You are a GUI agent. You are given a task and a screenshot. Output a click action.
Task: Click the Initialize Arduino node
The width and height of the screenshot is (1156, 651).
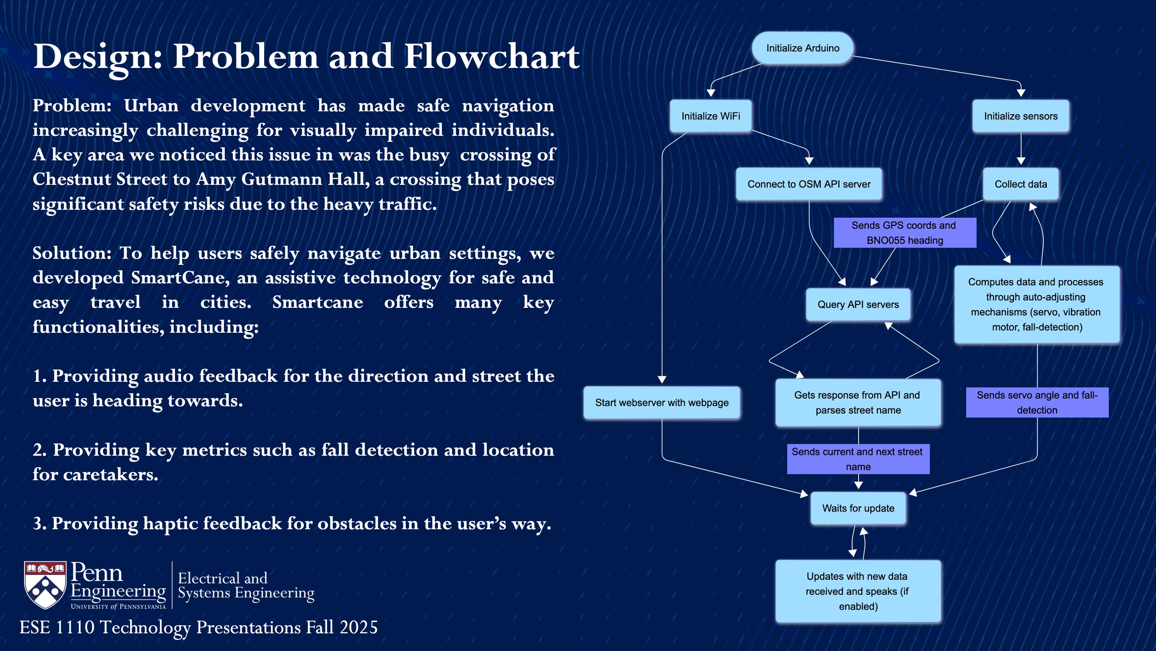tap(802, 48)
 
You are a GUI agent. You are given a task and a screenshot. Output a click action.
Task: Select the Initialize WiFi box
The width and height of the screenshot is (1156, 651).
tap(710, 116)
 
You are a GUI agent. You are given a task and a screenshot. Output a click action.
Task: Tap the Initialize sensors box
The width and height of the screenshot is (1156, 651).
tap(1020, 116)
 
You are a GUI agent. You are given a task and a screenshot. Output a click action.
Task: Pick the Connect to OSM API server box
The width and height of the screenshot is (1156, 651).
tap(809, 184)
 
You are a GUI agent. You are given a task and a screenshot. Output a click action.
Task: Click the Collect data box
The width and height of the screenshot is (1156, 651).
tap(1020, 184)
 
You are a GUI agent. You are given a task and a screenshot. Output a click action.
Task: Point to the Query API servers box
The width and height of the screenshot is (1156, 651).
tap(858, 305)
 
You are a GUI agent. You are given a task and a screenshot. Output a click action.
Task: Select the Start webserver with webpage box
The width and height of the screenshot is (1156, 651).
tap(661, 403)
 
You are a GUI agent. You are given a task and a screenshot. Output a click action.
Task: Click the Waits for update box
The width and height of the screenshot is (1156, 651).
tap(858, 508)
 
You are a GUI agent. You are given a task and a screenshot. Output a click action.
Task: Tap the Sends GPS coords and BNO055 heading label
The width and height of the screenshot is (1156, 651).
tap(904, 233)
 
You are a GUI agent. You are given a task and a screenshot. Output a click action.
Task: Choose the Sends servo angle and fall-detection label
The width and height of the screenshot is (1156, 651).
tap(1037, 403)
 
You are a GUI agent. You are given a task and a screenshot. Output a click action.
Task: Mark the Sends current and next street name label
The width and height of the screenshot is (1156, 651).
tap(858, 459)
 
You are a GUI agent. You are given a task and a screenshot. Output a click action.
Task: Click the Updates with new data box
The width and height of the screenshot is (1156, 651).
tap(858, 591)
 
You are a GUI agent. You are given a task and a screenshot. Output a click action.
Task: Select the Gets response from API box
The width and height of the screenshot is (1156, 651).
tap(858, 403)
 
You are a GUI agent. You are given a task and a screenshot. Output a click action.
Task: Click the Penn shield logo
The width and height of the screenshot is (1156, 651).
tap(45, 585)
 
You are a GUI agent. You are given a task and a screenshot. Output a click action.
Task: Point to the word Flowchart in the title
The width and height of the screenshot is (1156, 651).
tap(491, 57)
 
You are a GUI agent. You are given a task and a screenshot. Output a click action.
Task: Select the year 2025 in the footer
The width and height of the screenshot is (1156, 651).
tap(358, 628)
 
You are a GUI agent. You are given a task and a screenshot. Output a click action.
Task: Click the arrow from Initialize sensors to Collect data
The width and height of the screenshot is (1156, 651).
tap(1020, 149)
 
